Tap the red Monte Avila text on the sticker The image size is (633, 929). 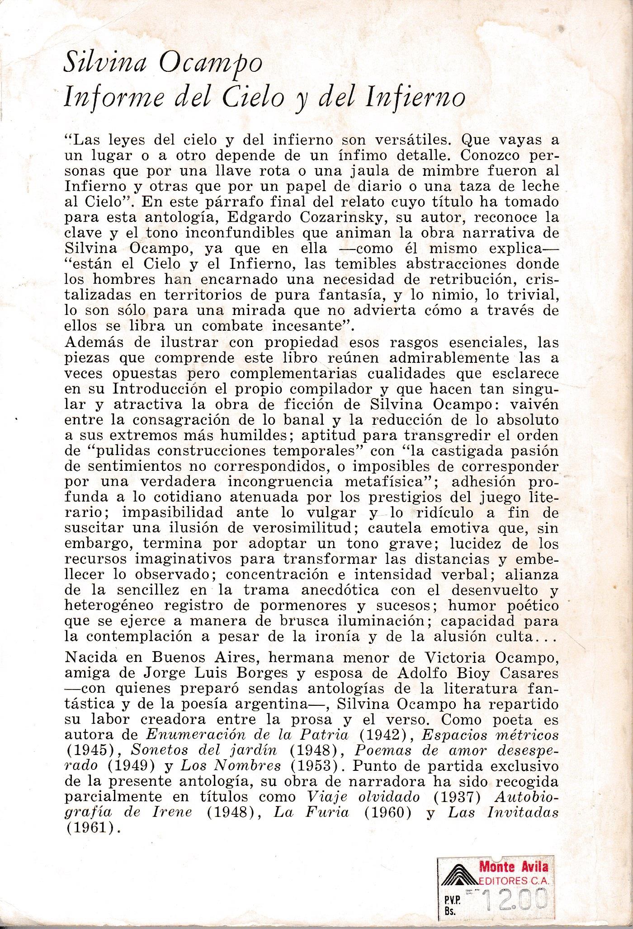514,866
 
